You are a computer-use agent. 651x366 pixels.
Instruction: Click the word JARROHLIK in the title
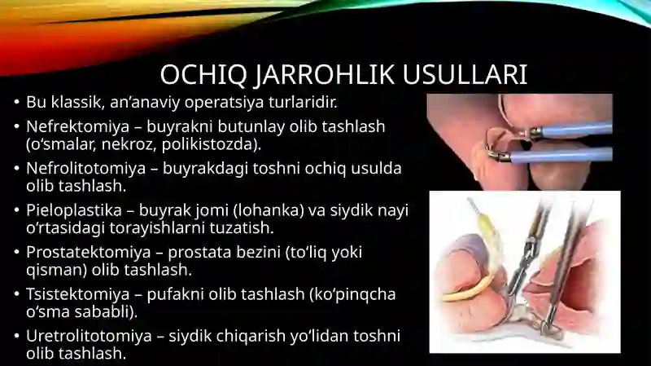(x=324, y=76)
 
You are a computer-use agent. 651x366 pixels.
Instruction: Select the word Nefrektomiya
(x=77, y=126)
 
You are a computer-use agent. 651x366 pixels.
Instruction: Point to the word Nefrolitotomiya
(x=86, y=169)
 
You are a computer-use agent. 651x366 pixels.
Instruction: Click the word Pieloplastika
(x=74, y=210)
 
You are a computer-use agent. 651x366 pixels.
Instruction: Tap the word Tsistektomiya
(x=78, y=294)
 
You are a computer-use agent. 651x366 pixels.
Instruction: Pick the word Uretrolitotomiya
(x=89, y=336)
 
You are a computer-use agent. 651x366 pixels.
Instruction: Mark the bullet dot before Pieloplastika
(x=16, y=210)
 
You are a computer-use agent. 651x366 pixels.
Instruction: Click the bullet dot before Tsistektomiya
(x=16, y=294)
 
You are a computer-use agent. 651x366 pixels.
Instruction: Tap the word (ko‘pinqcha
(x=352, y=294)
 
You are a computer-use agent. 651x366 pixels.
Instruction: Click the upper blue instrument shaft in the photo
(x=576, y=130)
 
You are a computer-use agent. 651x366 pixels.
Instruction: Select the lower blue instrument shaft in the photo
(x=561, y=156)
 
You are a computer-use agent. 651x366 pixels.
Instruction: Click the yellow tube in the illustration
(x=470, y=288)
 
